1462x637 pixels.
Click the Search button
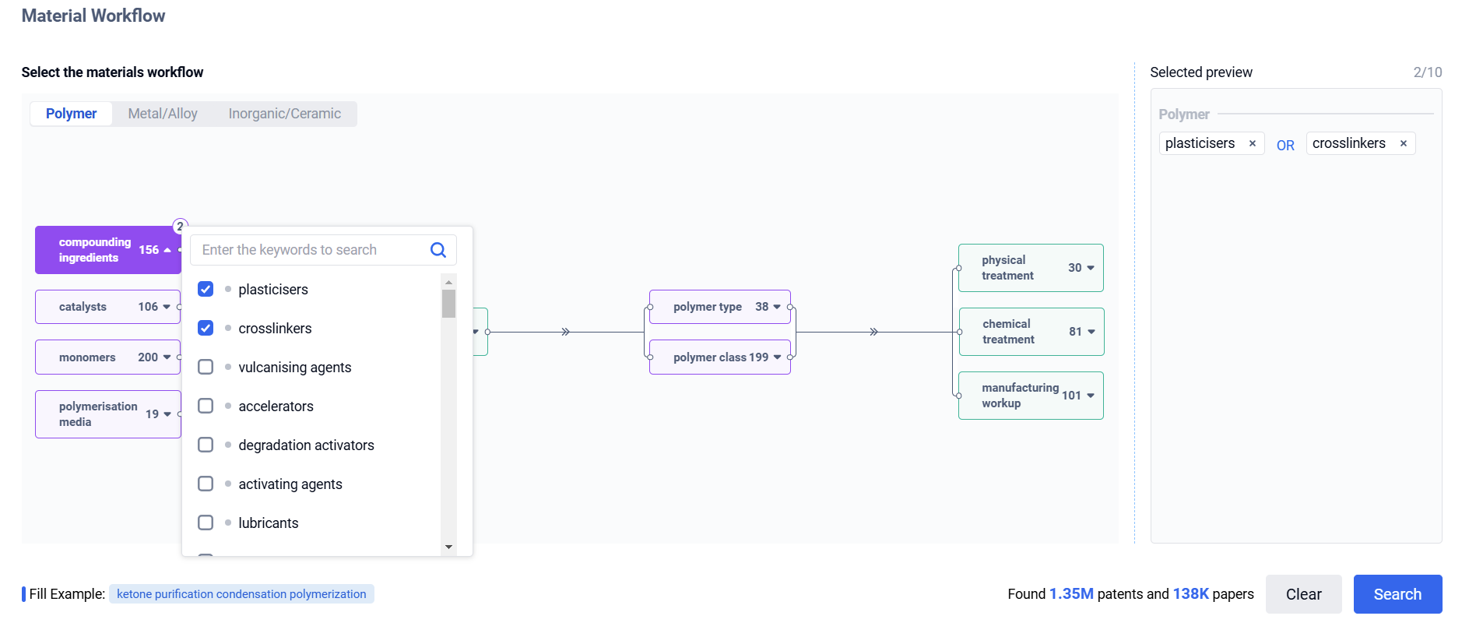click(1397, 594)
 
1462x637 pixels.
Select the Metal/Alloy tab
click(163, 114)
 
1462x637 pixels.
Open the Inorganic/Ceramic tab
click(285, 114)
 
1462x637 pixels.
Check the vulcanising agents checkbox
click(206, 367)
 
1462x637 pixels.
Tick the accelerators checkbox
click(206, 406)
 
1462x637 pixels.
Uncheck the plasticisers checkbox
click(206, 289)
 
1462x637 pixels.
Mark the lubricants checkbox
click(206, 523)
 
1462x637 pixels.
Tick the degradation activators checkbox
click(206, 445)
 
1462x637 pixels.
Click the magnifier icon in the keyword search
click(438, 250)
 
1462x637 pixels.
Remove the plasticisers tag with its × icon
click(1253, 143)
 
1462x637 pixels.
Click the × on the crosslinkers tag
click(1404, 143)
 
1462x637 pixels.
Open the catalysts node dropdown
click(167, 307)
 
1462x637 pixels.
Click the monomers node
click(108, 357)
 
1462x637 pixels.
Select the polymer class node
click(720, 357)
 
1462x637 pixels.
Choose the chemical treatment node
click(1031, 332)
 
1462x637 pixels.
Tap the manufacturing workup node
click(1031, 396)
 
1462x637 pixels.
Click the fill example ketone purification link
click(241, 594)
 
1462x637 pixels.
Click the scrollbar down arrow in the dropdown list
click(448, 547)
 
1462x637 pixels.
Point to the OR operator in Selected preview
click(1285, 145)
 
